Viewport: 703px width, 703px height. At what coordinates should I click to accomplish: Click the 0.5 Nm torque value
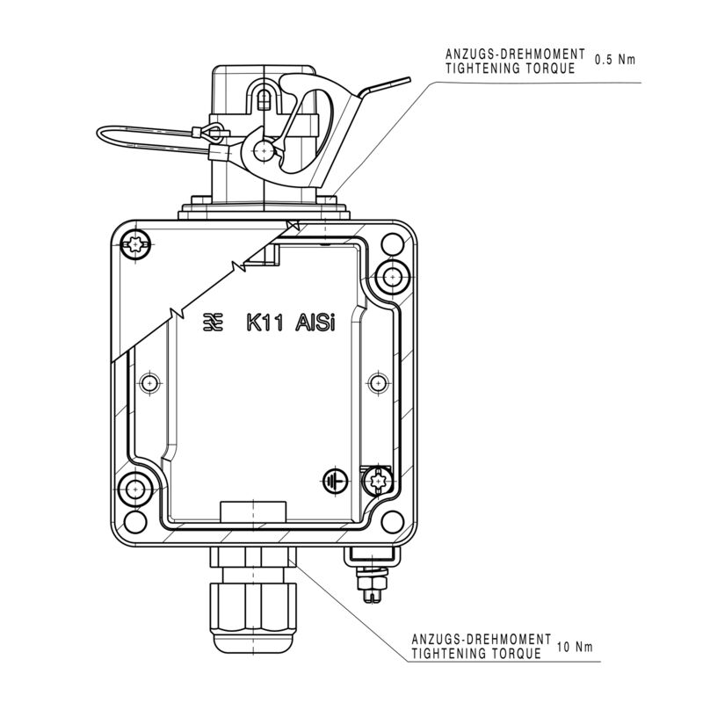point(614,61)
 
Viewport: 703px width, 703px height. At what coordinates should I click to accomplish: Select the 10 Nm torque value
point(575,648)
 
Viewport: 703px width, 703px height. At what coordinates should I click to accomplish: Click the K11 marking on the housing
point(263,323)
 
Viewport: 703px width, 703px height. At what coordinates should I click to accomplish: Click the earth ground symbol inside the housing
point(332,481)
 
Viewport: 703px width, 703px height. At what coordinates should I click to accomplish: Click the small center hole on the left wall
point(151,383)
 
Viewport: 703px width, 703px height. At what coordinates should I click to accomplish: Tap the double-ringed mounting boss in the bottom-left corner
point(136,489)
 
